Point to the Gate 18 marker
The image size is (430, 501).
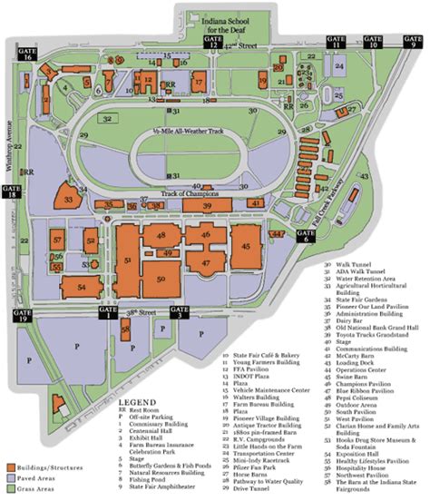tap(12, 192)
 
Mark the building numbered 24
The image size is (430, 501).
tap(338, 67)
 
